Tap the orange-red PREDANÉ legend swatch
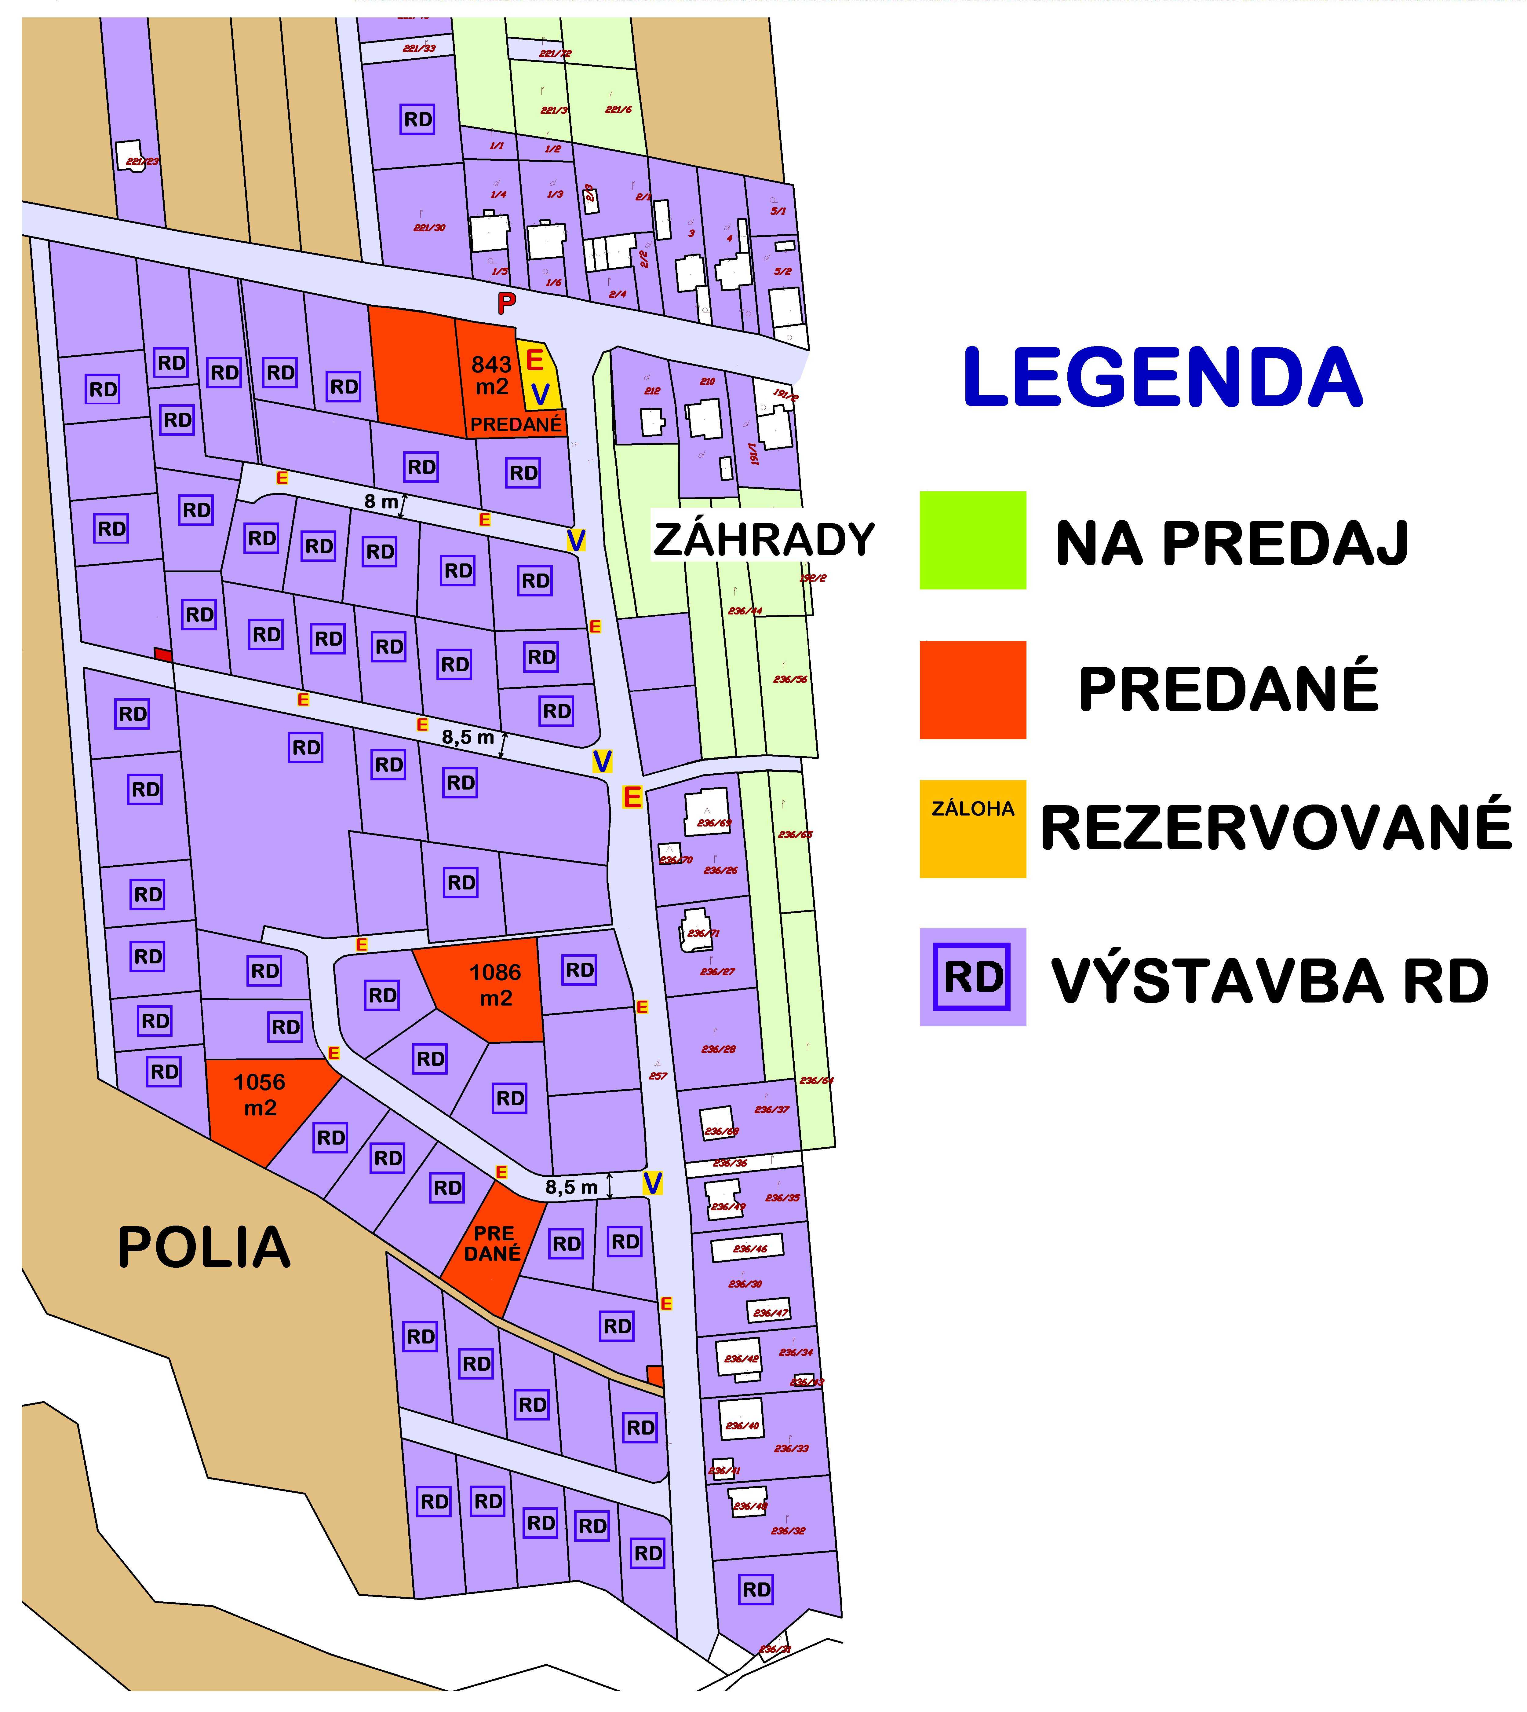point(972,690)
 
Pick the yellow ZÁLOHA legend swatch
point(972,829)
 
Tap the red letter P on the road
point(506,303)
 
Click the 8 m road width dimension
point(382,502)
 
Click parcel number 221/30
point(430,227)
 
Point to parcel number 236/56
point(789,679)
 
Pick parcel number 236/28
point(718,1049)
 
